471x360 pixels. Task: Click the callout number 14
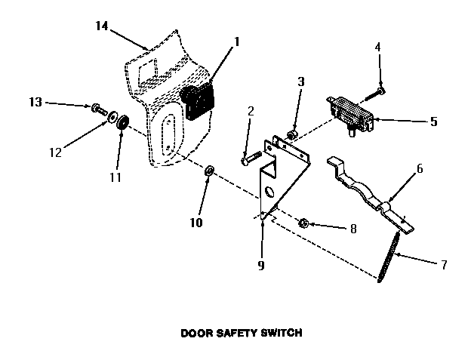102,26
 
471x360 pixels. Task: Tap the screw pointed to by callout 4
376,94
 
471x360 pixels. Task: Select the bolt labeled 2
250,158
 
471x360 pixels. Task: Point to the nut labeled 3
294,135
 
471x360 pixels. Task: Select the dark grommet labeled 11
122,121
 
